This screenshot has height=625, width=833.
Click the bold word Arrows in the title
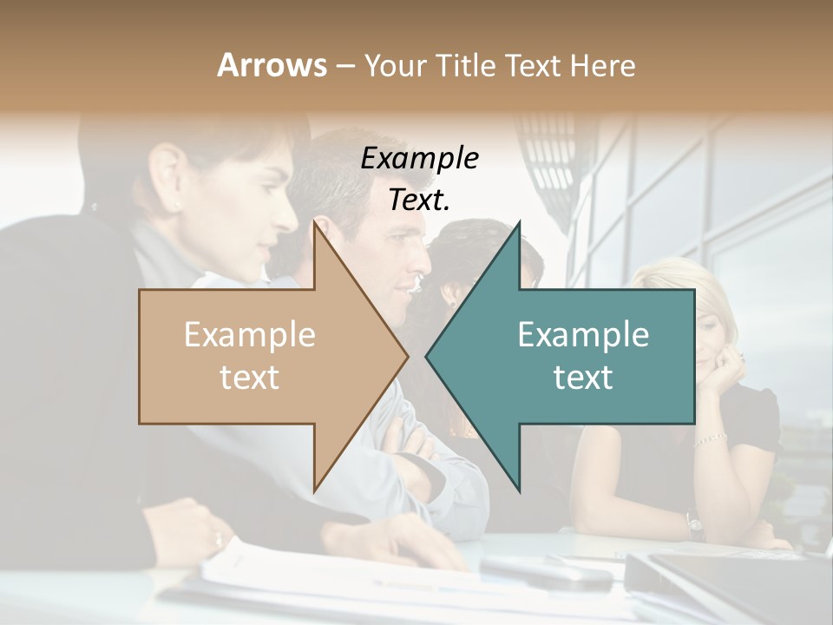pyautogui.click(x=272, y=65)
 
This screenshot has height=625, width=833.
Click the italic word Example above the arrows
pyautogui.click(x=420, y=159)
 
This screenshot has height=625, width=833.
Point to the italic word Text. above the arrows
pyautogui.click(x=420, y=200)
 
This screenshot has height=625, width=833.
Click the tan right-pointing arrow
pyautogui.click(x=260, y=356)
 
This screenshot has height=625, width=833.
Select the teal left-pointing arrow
pyautogui.click(x=573, y=356)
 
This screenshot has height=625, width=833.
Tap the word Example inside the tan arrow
pyautogui.click(x=250, y=335)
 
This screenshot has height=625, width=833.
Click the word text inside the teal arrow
pyautogui.click(x=583, y=377)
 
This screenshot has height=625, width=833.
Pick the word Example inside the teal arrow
pyautogui.click(x=583, y=335)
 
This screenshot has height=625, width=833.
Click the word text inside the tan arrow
pyautogui.click(x=250, y=377)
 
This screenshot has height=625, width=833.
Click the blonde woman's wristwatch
pyautogui.click(x=694, y=523)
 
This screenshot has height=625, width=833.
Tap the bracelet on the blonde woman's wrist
pyautogui.click(x=711, y=438)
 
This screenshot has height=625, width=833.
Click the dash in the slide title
pyautogui.click(x=344, y=66)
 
